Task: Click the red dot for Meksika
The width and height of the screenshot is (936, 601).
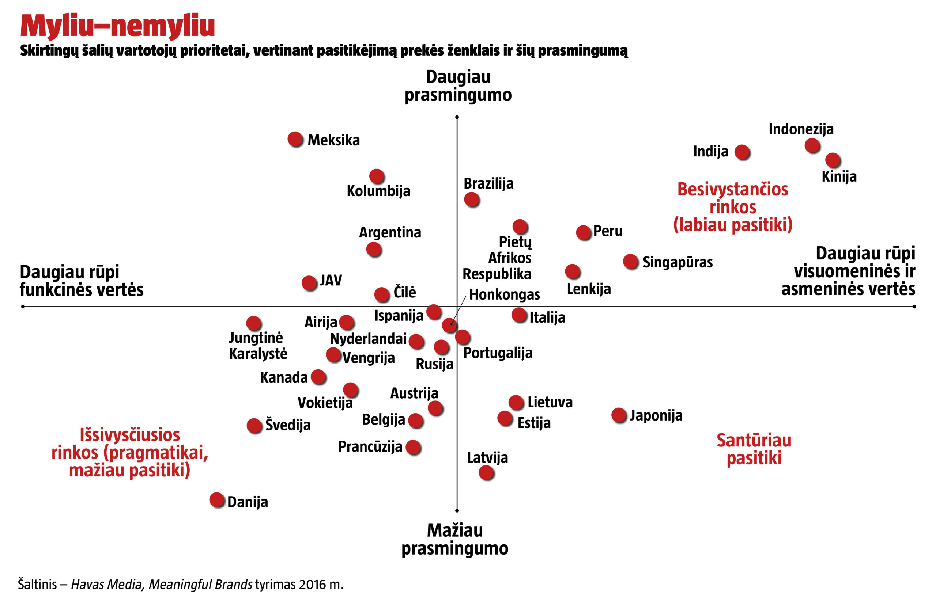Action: point(295,139)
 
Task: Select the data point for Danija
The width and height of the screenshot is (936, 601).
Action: point(217,499)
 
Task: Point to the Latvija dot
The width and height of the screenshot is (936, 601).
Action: point(486,473)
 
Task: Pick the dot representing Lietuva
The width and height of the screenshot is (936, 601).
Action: point(516,402)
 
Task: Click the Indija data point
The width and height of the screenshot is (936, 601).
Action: point(741,152)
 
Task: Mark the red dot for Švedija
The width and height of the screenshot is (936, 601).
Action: point(254,426)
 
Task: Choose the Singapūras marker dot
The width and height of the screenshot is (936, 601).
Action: point(630,262)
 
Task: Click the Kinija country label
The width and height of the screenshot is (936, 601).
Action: point(839,176)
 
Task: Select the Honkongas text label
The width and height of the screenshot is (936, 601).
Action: point(504,294)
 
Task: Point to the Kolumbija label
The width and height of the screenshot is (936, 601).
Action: point(378,191)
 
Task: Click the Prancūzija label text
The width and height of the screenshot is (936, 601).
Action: point(369,446)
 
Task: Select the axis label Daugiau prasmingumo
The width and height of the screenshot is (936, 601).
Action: point(458,86)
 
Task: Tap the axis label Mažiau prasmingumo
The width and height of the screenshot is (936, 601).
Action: point(454,539)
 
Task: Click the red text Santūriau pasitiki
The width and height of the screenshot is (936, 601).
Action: point(754,449)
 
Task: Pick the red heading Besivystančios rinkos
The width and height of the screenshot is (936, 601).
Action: point(733,198)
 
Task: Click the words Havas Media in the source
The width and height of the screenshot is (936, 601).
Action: point(106,585)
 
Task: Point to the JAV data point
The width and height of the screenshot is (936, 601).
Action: point(309,283)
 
